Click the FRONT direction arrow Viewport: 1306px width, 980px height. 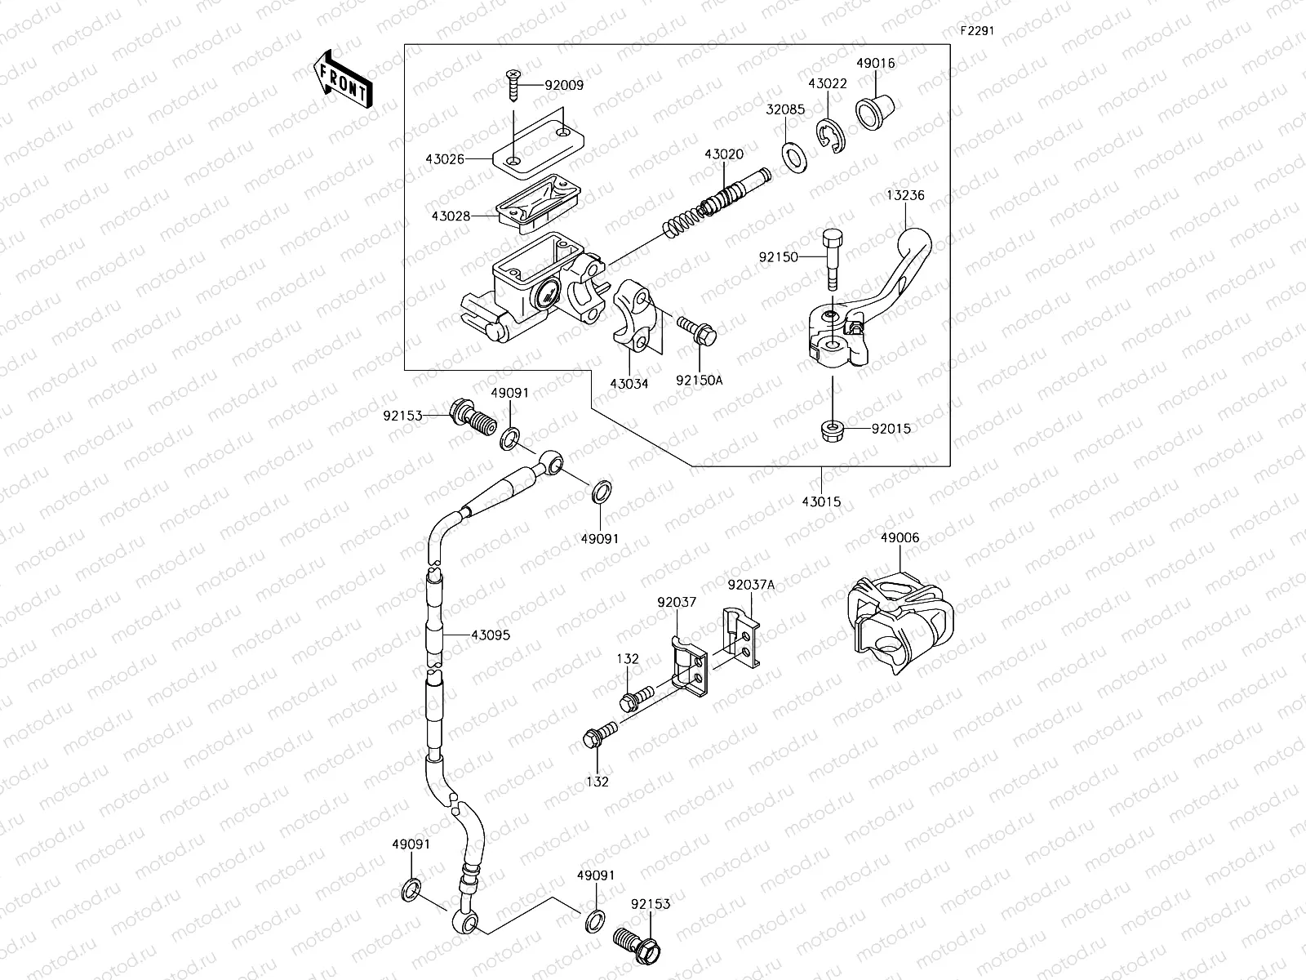click(x=341, y=78)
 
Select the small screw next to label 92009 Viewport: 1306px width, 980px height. click(x=513, y=85)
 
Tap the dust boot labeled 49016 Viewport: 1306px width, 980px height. click(x=875, y=109)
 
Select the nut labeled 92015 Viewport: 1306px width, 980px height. click(x=830, y=430)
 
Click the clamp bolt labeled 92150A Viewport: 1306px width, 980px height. click(x=695, y=330)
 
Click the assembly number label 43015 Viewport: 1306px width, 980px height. click(x=821, y=502)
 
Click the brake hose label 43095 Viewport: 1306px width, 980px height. click(x=490, y=635)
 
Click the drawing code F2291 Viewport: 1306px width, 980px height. click(x=976, y=32)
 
